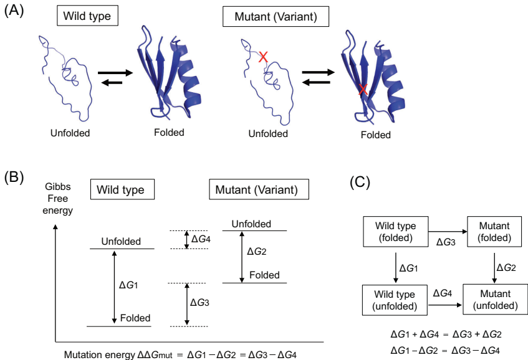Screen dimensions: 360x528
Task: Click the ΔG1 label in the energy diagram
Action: coord(128,285)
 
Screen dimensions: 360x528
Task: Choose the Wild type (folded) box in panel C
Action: coord(396,231)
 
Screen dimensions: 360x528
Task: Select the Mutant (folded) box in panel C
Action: coord(494,231)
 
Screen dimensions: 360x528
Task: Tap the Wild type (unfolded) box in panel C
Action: coord(396,300)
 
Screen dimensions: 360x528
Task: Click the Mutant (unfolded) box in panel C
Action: coord(494,300)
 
